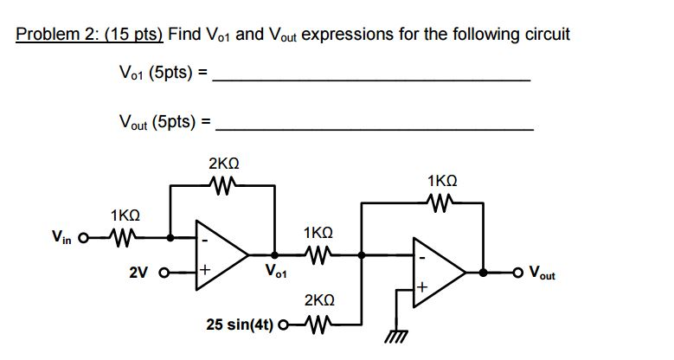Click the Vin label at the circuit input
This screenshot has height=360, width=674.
point(61,235)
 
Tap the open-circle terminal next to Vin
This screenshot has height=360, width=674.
point(84,235)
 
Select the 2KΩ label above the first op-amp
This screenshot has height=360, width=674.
point(224,163)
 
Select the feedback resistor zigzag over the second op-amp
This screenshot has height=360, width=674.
point(441,204)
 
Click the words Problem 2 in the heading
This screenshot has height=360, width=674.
point(53,35)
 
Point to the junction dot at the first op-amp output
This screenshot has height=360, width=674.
point(275,254)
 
